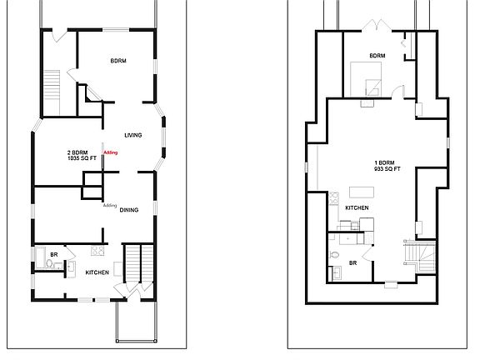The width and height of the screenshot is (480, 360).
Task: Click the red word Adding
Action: pyautogui.click(x=111, y=152)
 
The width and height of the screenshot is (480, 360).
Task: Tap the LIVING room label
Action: pyautogui.click(x=132, y=135)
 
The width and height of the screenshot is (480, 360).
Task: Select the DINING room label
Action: pyautogui.click(x=130, y=210)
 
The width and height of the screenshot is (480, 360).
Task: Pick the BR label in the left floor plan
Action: pyautogui.click(x=52, y=255)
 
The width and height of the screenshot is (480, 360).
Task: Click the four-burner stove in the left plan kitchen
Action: pyautogui.click(x=97, y=251)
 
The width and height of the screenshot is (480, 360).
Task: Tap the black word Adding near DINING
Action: pyautogui.click(x=108, y=205)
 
